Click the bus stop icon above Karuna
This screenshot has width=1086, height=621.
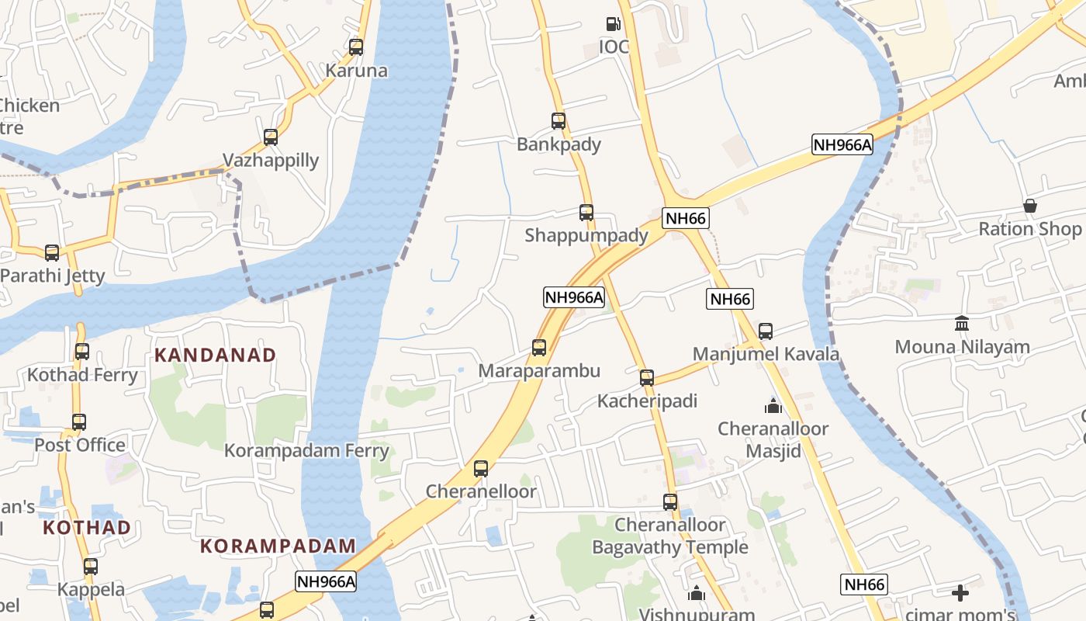click(356, 47)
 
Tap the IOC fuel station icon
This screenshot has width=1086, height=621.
click(613, 24)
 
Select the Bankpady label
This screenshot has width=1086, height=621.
click(559, 144)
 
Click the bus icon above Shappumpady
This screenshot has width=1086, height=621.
click(586, 213)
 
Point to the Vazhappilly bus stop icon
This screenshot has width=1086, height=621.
click(271, 137)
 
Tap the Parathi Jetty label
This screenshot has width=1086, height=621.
click(53, 276)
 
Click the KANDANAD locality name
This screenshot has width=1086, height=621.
click(215, 356)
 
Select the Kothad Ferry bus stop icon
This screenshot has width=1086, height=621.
click(82, 352)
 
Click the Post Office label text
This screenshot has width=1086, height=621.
click(80, 445)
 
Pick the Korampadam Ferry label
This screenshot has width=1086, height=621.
click(306, 450)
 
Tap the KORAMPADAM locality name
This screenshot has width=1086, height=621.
click(278, 546)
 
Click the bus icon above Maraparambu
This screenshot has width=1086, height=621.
click(539, 348)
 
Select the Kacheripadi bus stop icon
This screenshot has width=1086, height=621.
click(647, 378)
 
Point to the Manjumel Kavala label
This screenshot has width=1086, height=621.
click(766, 354)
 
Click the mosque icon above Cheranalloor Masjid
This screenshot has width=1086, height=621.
click(773, 406)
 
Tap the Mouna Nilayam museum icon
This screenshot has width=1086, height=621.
click(962, 323)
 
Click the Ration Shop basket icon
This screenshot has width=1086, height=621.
click(1030, 206)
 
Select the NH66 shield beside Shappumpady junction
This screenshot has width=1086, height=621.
click(686, 218)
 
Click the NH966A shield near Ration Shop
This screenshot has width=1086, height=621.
click(842, 144)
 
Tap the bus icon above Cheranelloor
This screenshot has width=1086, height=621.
click(481, 469)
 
